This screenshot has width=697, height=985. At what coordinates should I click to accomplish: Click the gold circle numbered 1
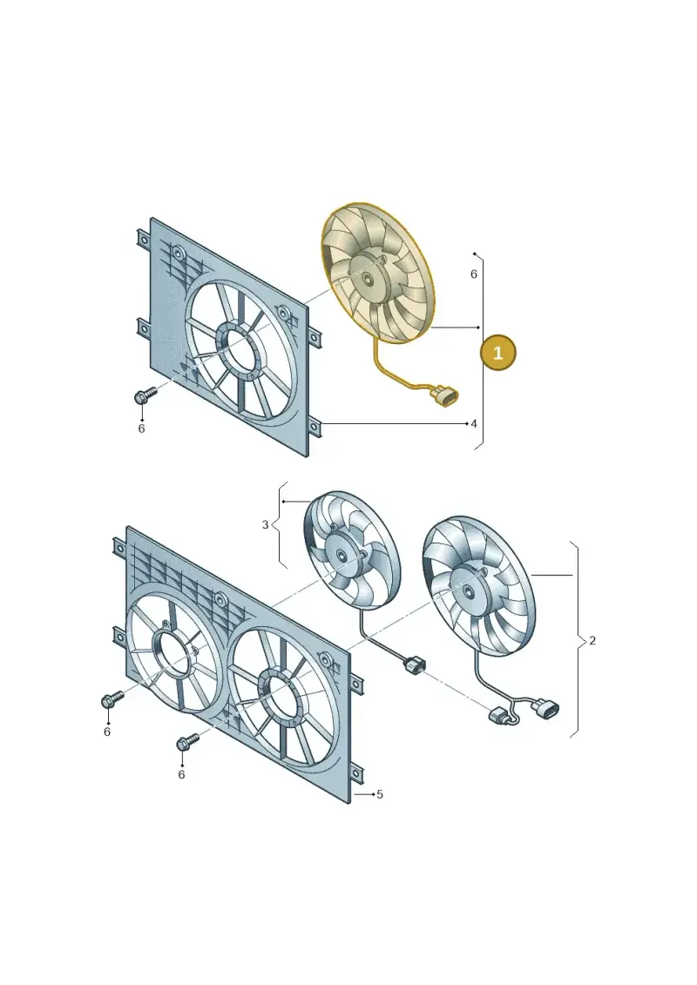click(497, 353)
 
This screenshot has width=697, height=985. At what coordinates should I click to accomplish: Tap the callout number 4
click(474, 424)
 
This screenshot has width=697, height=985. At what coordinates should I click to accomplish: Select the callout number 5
click(380, 794)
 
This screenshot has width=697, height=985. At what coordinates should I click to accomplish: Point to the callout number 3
click(265, 524)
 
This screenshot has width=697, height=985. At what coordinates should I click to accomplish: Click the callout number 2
click(592, 641)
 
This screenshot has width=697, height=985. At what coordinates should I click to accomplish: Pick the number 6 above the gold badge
click(474, 273)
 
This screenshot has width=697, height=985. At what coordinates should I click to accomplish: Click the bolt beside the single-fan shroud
click(144, 395)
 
